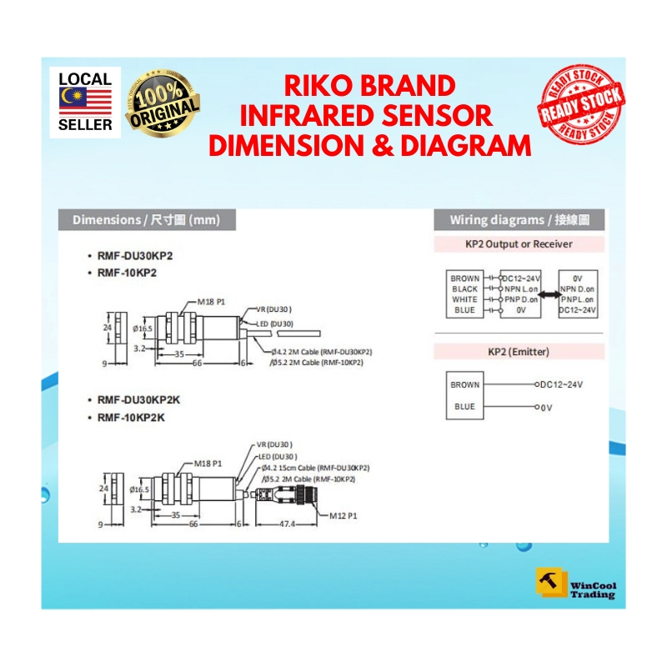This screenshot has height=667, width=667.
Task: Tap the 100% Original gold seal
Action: pos(163,105)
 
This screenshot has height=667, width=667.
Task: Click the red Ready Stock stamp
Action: pos(581,104)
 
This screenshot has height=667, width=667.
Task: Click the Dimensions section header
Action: pos(146,220)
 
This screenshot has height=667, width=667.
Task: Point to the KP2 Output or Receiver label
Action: pos(519,244)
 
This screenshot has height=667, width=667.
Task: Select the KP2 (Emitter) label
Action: pos(519,352)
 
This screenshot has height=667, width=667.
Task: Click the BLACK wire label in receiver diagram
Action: pos(464,288)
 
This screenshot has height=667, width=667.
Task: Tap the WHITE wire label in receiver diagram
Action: pos(464,299)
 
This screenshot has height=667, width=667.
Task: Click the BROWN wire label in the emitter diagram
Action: pos(464,385)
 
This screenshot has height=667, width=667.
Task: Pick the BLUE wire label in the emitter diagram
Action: pos(464,407)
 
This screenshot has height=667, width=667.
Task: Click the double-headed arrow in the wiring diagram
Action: pos(549,293)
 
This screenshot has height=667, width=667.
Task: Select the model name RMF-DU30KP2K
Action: pos(140,400)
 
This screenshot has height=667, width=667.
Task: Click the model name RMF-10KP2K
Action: pos(132,418)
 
